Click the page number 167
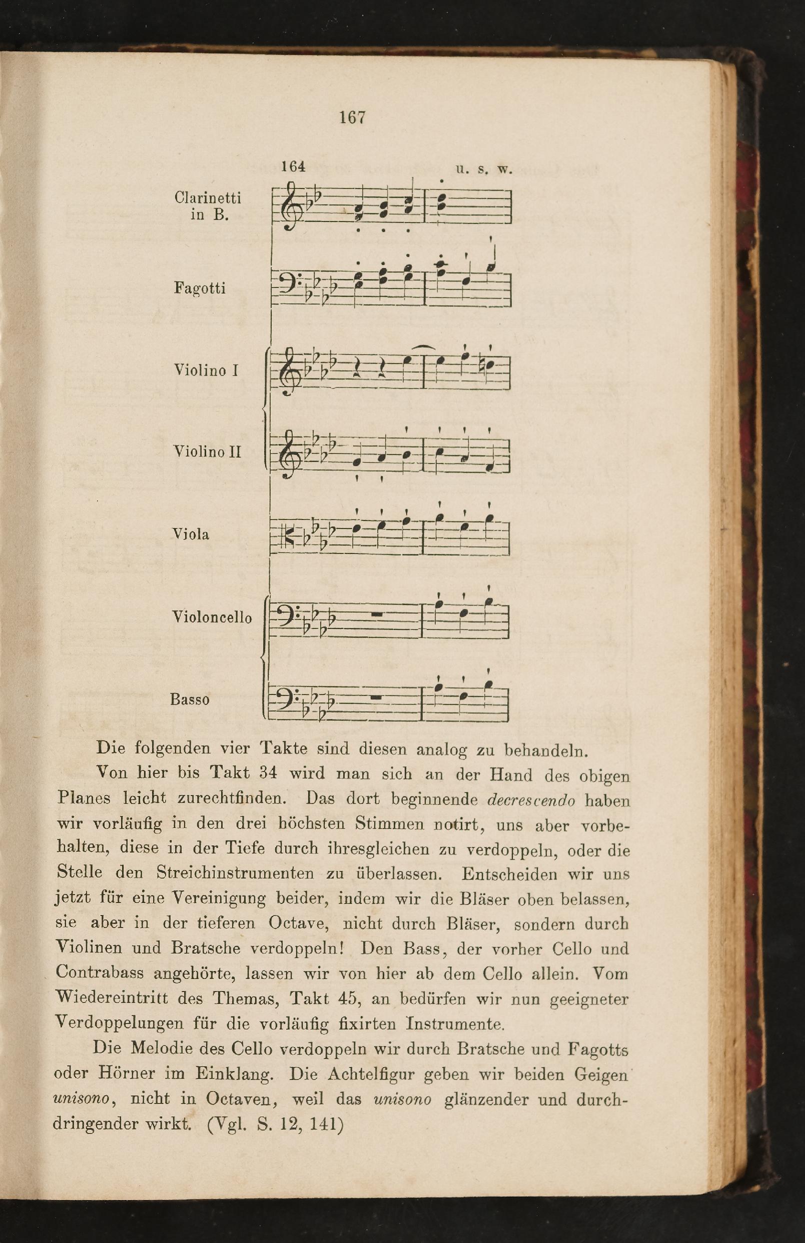point(352,117)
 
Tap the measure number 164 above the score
point(293,166)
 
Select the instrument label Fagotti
point(200,288)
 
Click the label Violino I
point(206,370)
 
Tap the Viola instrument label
point(191,534)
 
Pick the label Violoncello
point(212,617)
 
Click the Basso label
point(190,699)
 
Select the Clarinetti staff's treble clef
point(289,206)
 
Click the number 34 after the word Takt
point(268,773)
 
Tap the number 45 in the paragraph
point(347,998)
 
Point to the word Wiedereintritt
point(112,998)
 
